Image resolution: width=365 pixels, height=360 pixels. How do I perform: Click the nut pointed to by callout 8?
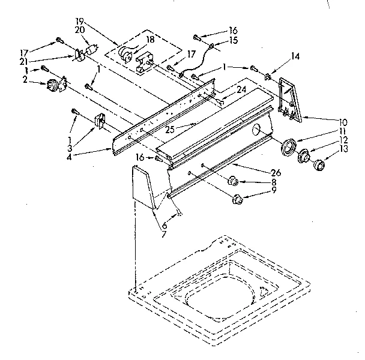[234, 180]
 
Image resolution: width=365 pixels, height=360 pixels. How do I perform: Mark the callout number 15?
[233, 40]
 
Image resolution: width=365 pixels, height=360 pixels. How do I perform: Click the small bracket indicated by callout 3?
[99, 122]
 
